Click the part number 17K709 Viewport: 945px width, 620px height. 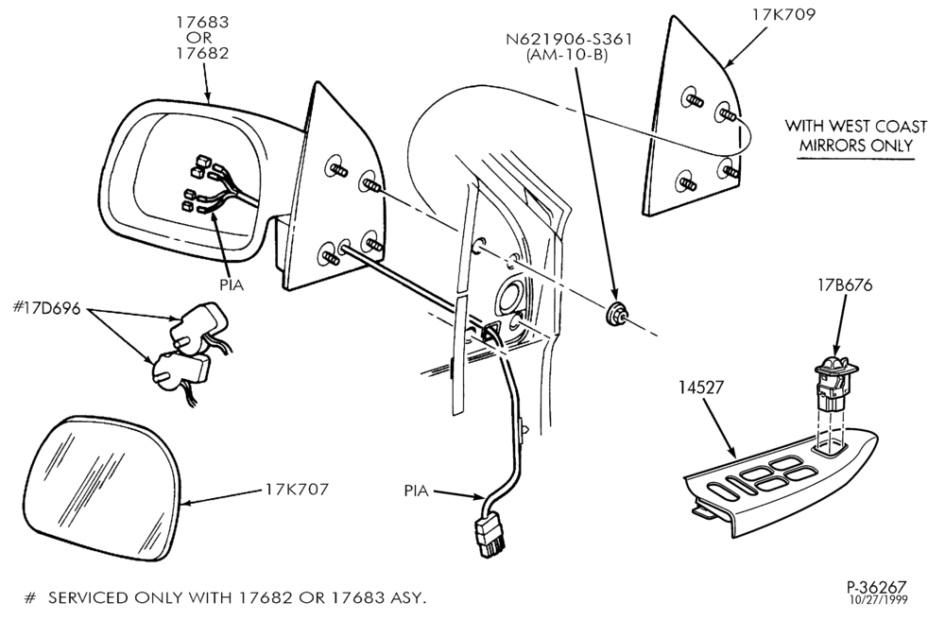pyautogui.click(x=782, y=14)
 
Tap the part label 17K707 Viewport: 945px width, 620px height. pyautogui.click(x=297, y=490)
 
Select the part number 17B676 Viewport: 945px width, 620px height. pyautogui.click(x=845, y=285)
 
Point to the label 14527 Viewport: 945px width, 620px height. pyautogui.click(x=700, y=387)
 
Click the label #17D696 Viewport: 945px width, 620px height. pyautogui.click(x=46, y=308)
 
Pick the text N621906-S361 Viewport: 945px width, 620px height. pyautogui.click(x=570, y=40)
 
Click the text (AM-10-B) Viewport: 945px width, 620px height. pyautogui.click(x=567, y=56)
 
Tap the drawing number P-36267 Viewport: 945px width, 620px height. pyautogui.click(x=876, y=586)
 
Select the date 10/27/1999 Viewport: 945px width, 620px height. pyautogui.click(x=878, y=599)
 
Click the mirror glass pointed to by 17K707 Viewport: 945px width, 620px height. pyautogui.click(x=102, y=487)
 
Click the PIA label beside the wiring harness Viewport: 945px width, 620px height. pyautogui.click(x=416, y=491)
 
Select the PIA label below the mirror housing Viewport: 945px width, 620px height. pyautogui.click(x=231, y=285)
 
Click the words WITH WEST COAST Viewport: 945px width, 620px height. pyautogui.click(x=856, y=127)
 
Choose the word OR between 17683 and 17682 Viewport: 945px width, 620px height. pyautogui.click(x=202, y=38)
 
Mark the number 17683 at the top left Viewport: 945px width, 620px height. pyautogui.click(x=202, y=22)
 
